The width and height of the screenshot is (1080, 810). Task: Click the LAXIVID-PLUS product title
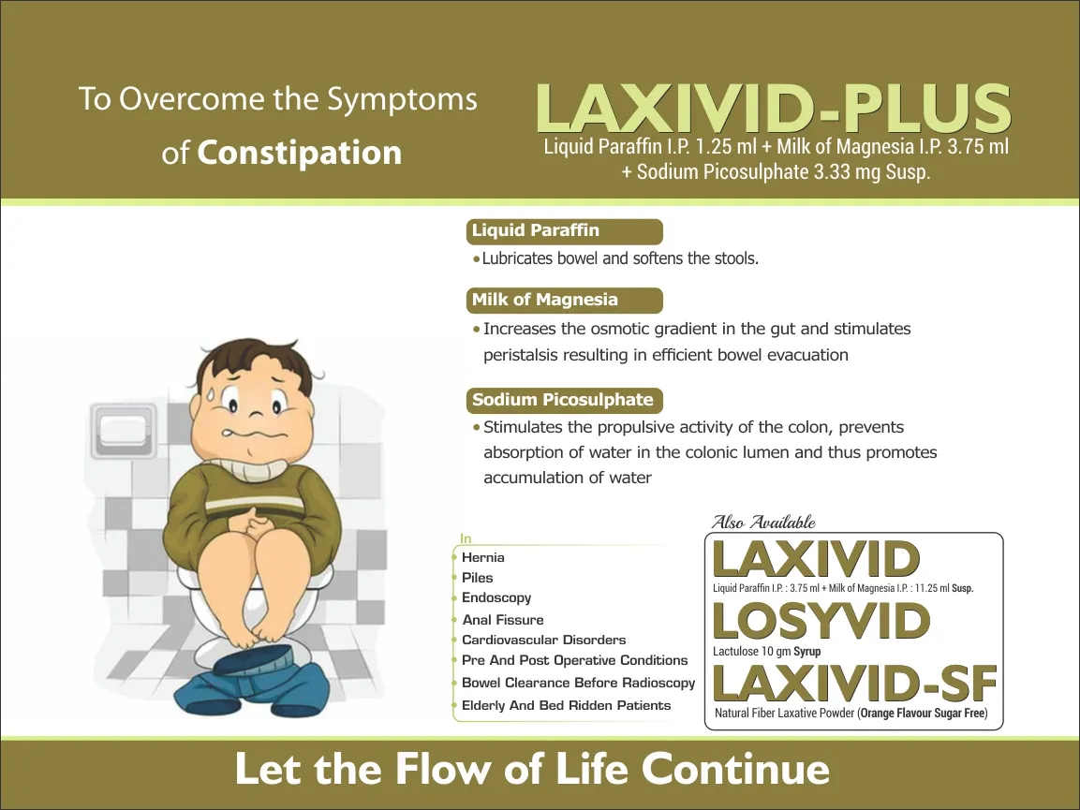pyautogui.click(x=773, y=108)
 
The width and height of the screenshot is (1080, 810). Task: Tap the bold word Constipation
pyautogui.click(x=299, y=153)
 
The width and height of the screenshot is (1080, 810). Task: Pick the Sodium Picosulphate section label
pyautogui.click(x=563, y=400)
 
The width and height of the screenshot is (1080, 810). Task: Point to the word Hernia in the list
pyautogui.click(x=482, y=557)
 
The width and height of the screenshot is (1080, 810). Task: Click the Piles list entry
pyautogui.click(x=478, y=577)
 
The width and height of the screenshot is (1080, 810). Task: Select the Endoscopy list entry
pyautogui.click(x=496, y=597)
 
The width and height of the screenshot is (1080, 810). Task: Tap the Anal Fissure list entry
pyautogui.click(x=503, y=620)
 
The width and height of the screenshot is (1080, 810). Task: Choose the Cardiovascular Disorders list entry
pyautogui.click(x=544, y=640)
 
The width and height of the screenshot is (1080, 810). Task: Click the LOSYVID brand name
pyautogui.click(x=821, y=621)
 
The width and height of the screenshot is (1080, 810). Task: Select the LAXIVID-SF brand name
pyautogui.click(x=855, y=684)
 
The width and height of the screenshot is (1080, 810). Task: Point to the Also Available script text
pyautogui.click(x=763, y=523)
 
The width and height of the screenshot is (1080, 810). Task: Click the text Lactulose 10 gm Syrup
pyautogui.click(x=766, y=651)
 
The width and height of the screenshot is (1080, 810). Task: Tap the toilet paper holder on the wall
pyautogui.click(x=123, y=430)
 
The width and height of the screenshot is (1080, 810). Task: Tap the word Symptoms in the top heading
pyautogui.click(x=402, y=100)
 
